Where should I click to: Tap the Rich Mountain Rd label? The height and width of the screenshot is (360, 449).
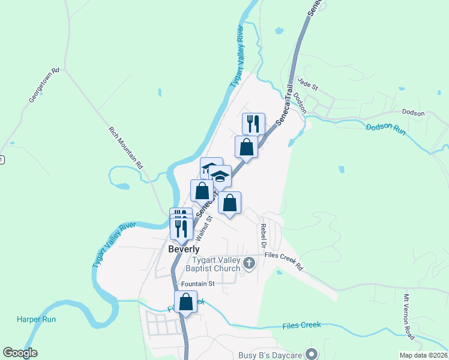(127, 148)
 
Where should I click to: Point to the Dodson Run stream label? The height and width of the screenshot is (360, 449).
(387, 128)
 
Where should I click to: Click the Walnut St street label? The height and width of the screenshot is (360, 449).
(208, 229)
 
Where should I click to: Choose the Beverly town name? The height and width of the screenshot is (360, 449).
(184, 249)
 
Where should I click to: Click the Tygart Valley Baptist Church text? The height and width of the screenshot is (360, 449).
(217, 265)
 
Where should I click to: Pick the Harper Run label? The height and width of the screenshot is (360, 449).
(37, 319)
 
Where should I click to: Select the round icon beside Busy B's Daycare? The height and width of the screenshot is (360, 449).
(311, 354)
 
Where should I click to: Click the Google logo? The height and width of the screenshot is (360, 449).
(20, 353)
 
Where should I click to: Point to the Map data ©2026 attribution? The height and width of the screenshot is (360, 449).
(423, 355)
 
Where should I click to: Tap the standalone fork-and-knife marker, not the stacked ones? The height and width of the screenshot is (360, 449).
(253, 124)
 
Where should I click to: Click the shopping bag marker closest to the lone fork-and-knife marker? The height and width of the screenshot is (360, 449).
(246, 146)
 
